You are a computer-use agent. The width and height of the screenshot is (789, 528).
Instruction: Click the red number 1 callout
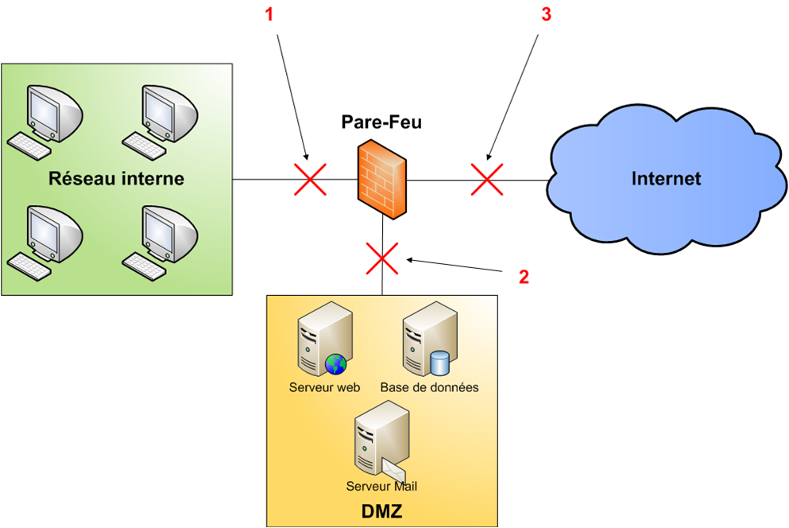[x=269, y=16]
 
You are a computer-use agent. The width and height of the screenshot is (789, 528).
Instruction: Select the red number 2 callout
[x=524, y=277]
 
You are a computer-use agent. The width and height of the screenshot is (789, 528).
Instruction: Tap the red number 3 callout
[x=545, y=16]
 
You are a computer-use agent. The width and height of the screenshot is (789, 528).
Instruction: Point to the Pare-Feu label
[x=381, y=122]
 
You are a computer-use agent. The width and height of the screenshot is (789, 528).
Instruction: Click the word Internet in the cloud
[x=666, y=178]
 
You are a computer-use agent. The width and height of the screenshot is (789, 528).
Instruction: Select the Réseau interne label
[x=116, y=178]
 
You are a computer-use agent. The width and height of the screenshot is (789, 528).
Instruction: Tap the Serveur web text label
[x=325, y=388]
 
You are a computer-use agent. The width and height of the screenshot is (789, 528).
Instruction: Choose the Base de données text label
[x=429, y=388]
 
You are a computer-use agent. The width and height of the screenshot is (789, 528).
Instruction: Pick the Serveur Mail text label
[x=381, y=486]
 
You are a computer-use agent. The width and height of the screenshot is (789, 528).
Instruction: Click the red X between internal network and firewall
[x=310, y=179]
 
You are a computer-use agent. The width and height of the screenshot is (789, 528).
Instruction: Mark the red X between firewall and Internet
[x=487, y=179]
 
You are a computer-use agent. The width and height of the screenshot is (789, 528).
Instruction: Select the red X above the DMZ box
[x=382, y=258]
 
